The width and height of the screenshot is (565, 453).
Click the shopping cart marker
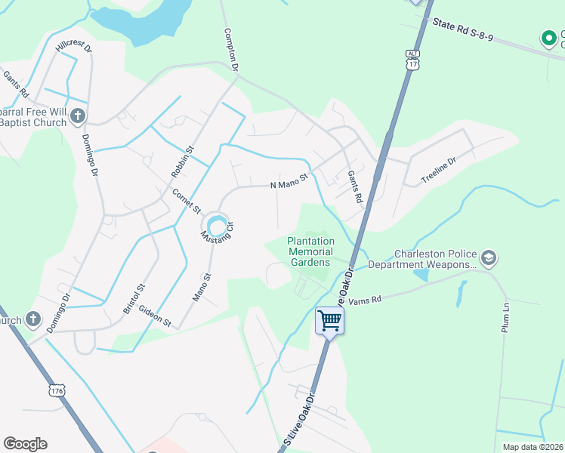click(329, 320)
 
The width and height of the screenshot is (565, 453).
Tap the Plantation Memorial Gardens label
click(309, 251)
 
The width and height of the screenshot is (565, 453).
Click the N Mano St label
click(290, 182)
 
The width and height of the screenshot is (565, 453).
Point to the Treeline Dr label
click(439, 171)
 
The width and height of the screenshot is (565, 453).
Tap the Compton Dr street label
click(231, 51)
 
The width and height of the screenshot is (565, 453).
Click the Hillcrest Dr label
click(73, 46)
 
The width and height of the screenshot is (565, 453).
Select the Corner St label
click(185, 199)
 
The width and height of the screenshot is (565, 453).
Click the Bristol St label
click(138, 299)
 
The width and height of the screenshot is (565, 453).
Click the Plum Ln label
click(506, 318)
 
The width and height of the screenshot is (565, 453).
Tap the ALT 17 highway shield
click(412, 60)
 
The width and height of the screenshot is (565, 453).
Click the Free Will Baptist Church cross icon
click(79, 116)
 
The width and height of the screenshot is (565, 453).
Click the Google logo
click(25, 444)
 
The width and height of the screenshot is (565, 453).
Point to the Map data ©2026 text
click(533, 447)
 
